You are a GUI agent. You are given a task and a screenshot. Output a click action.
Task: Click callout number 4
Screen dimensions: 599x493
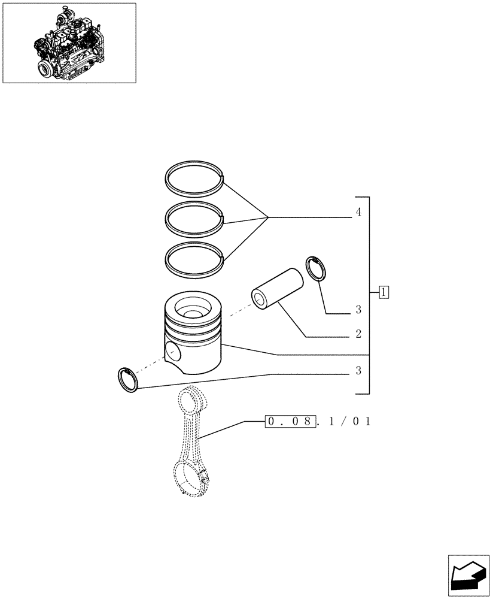[x=358, y=212]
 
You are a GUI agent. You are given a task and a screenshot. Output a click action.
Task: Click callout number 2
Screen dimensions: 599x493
[x=358, y=334]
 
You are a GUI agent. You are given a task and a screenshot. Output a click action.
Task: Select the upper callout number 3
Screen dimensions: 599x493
[x=358, y=310]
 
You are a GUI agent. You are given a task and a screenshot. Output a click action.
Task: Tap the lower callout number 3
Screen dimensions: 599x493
[x=358, y=371]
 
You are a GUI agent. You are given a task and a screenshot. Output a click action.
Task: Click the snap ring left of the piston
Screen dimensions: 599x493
[x=129, y=379]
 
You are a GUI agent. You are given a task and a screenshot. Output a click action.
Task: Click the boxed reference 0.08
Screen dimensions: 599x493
[x=290, y=422]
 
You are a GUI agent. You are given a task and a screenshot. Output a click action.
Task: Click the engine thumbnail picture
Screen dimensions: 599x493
[x=69, y=43]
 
